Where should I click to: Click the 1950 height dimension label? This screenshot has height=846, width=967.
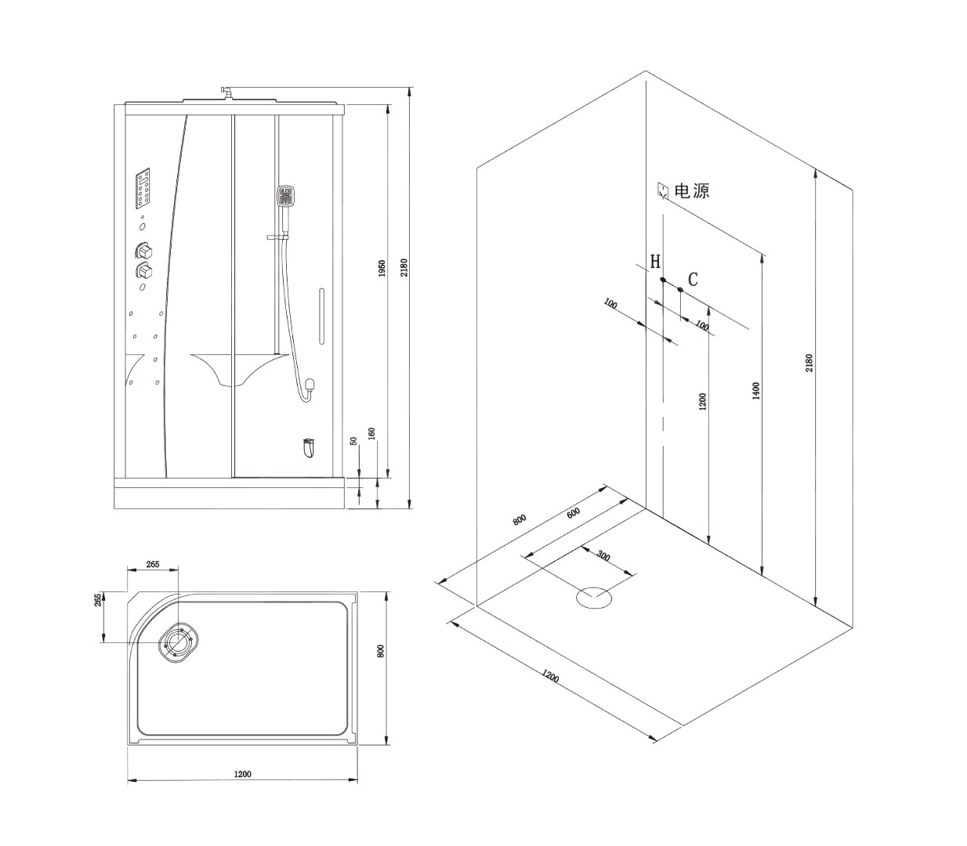pyautogui.click(x=382, y=269)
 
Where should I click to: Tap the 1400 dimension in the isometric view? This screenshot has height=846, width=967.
pyautogui.click(x=755, y=391)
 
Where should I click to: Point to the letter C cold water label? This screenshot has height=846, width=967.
pyautogui.click(x=693, y=279)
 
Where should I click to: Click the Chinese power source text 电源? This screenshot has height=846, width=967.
pyautogui.click(x=692, y=191)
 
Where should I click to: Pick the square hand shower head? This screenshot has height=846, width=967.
pyautogui.click(x=285, y=196)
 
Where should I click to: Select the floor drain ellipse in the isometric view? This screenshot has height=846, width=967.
pyautogui.click(x=594, y=598)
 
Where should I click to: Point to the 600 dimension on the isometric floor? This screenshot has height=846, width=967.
pyautogui.click(x=574, y=513)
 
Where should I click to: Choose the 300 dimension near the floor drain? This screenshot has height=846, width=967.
pyautogui.click(x=603, y=556)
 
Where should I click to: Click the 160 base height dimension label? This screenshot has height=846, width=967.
pyautogui.click(x=371, y=433)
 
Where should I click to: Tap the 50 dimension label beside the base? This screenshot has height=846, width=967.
pyautogui.click(x=354, y=441)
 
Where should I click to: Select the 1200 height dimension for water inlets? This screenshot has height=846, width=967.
pyautogui.click(x=702, y=402)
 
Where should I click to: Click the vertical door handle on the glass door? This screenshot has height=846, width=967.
pyautogui.click(x=322, y=316)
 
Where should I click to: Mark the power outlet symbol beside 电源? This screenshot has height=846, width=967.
pyautogui.click(x=663, y=190)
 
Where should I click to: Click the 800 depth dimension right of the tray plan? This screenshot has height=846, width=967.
pyautogui.click(x=382, y=651)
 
